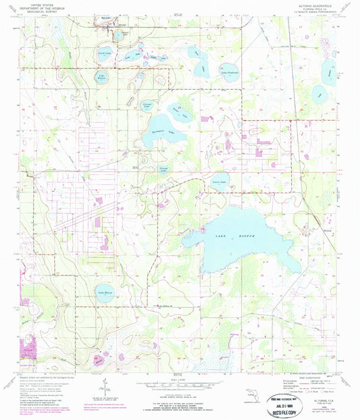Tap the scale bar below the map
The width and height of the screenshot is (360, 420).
point(180,382)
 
